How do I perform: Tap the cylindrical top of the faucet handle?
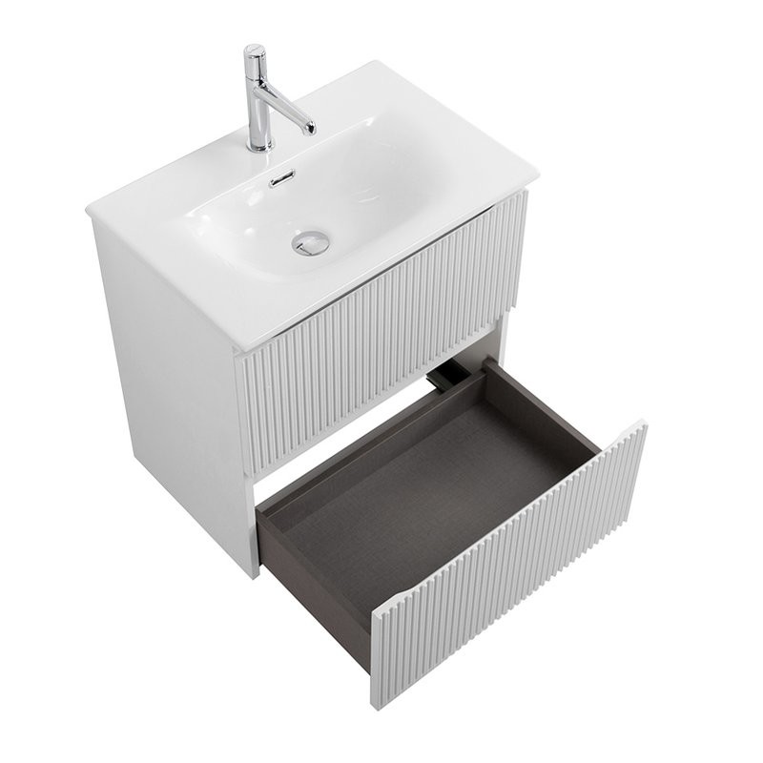[255, 54]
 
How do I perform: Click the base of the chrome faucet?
[258, 146]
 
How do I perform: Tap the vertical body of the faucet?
[257, 105]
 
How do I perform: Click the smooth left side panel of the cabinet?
[172, 381]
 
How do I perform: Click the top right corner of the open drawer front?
[643, 423]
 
